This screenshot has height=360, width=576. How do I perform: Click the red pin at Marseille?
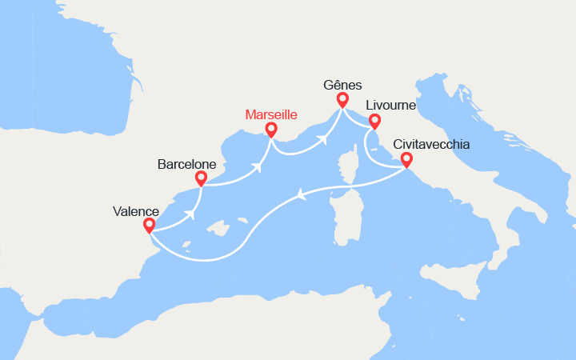[271, 129]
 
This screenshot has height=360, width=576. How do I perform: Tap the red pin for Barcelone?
[201, 177]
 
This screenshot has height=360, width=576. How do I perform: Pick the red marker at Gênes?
[342, 99]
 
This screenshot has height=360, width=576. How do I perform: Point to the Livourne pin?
[374, 120]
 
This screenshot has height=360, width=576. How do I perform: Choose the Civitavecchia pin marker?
[406, 159]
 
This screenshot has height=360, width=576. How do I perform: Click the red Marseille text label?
[271, 114]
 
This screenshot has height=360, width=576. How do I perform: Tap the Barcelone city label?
[186, 164]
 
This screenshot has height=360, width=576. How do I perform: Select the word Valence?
[136, 212]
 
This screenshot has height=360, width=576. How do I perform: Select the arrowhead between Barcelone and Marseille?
[258, 168]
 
